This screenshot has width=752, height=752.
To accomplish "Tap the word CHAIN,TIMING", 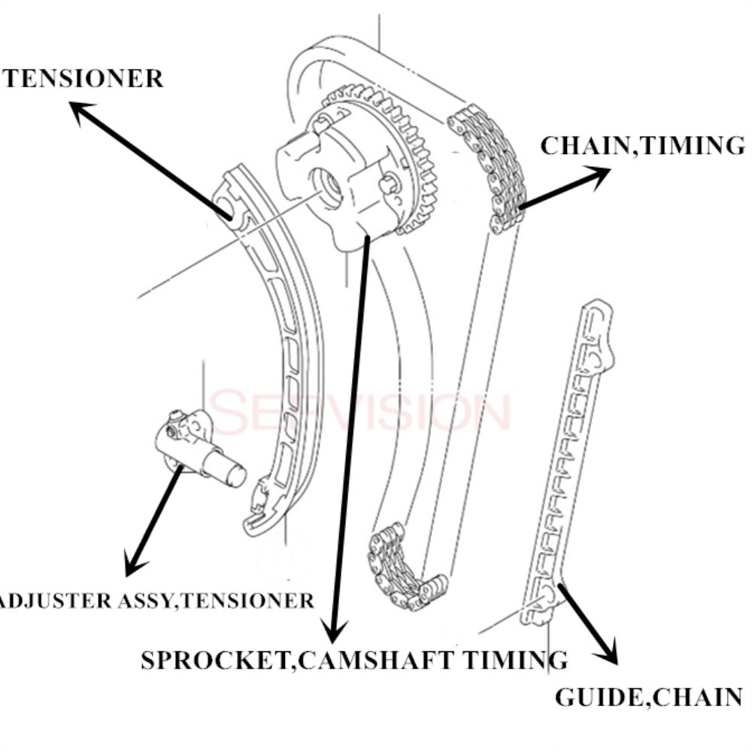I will [641, 145].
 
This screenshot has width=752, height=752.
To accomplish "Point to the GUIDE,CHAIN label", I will [648, 696].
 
